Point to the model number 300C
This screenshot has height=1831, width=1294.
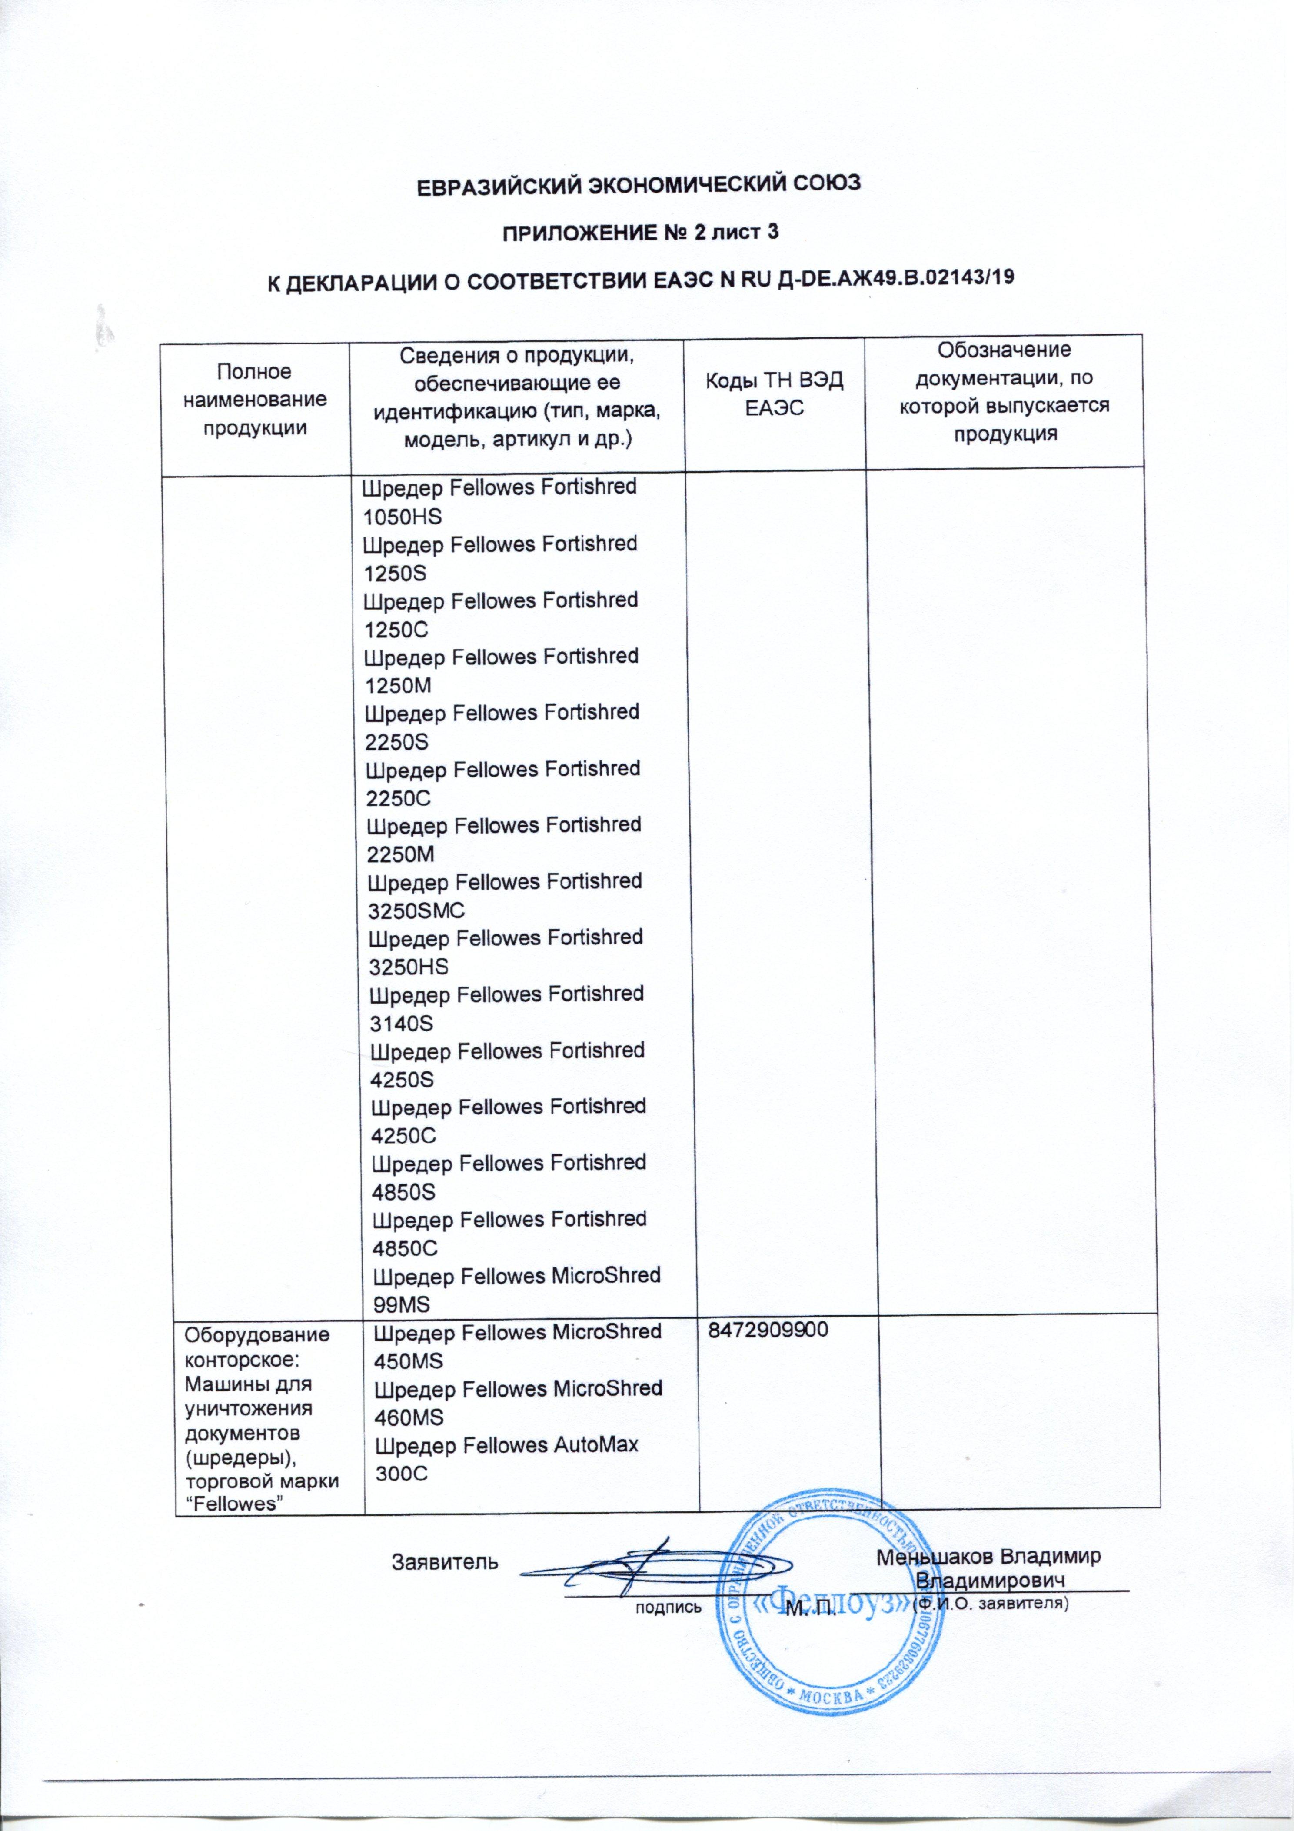(x=401, y=1474)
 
